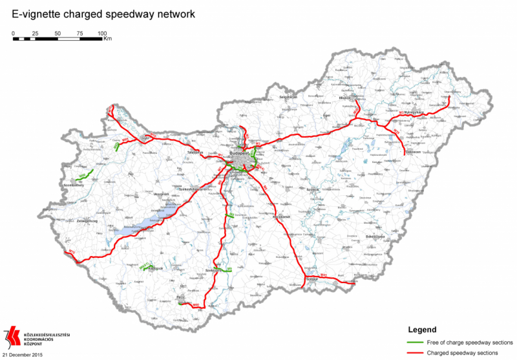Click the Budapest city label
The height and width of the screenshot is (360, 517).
[236, 153]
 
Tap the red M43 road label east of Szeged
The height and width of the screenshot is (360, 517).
[324, 275]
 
